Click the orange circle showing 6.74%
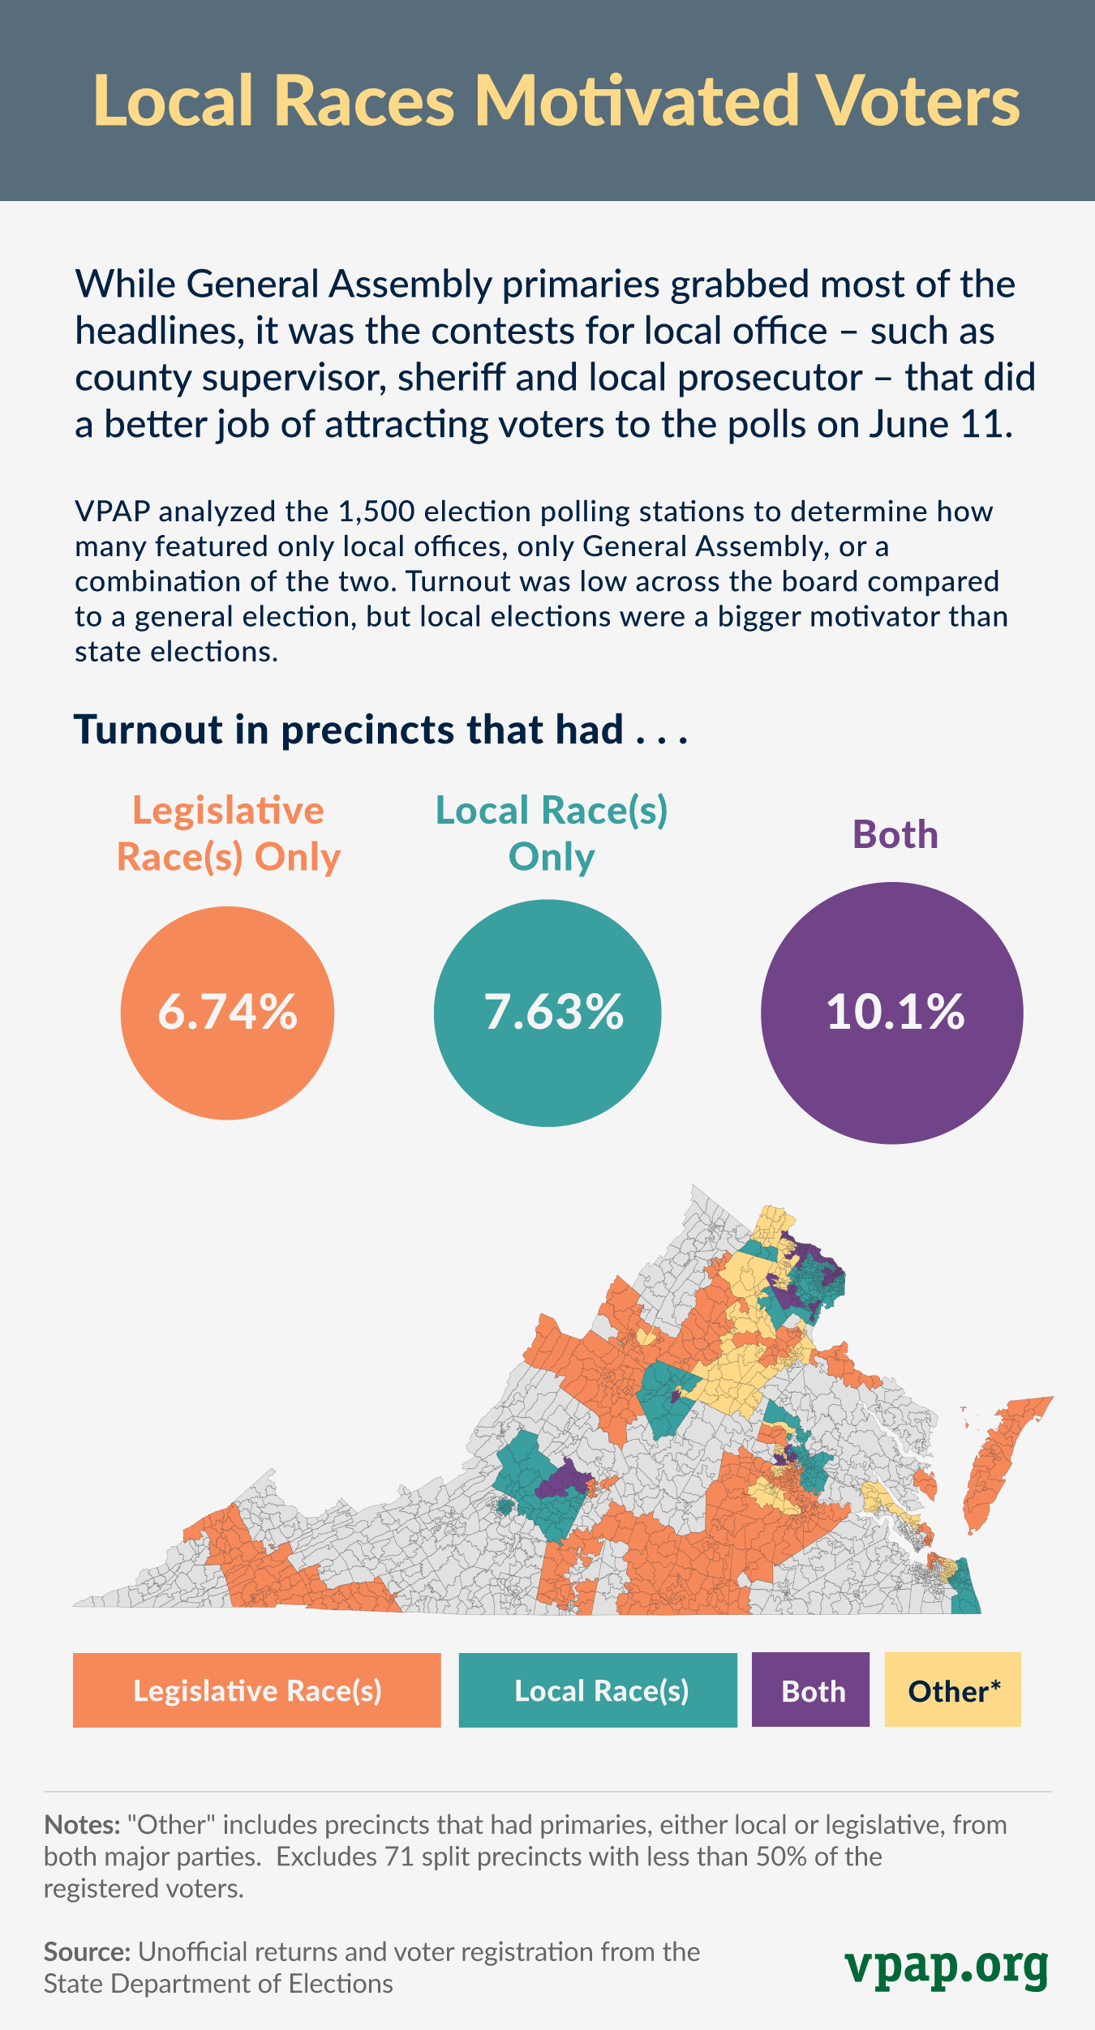coord(227,1013)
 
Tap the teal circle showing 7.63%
coord(547,1013)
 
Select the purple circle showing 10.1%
coord(892,1013)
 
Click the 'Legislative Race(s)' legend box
coord(256,1690)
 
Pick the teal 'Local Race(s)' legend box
coord(598,1690)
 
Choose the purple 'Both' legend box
coord(810,1690)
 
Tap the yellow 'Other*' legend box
coord(952,1690)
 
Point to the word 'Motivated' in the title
coord(637,101)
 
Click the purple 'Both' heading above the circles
coord(895,835)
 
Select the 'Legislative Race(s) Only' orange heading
coord(228,833)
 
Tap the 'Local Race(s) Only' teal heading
coord(552,833)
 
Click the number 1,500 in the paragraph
coord(376,512)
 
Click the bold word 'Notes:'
coord(82,1825)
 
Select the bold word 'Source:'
coord(87,1952)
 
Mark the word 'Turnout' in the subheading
coord(148,730)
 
